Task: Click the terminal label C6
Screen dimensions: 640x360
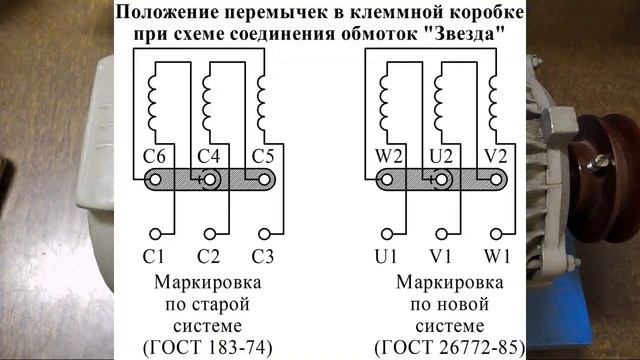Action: [154, 156]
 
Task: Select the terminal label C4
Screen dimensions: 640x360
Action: [209, 156]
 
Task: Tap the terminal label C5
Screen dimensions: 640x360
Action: [263, 156]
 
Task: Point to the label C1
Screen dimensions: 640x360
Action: [153, 257]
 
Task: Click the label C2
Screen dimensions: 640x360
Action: [208, 257]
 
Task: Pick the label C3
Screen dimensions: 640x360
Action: [262, 257]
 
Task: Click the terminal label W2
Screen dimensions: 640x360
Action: [389, 156]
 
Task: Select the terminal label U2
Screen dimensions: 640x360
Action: [441, 156]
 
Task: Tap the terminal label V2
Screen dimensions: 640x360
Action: [496, 156]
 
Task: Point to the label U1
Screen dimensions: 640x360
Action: [386, 257]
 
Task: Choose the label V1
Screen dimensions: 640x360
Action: [440, 257]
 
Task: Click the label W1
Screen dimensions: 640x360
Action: [497, 257]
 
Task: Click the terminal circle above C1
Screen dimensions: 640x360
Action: [155, 234]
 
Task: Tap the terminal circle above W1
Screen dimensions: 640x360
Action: [496, 234]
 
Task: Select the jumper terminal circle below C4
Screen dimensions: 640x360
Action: [210, 180]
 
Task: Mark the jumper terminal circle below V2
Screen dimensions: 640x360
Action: [496, 180]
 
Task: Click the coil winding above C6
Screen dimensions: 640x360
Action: [152, 103]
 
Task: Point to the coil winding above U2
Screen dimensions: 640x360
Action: [438, 103]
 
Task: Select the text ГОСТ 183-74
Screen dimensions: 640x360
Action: [207, 347]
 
